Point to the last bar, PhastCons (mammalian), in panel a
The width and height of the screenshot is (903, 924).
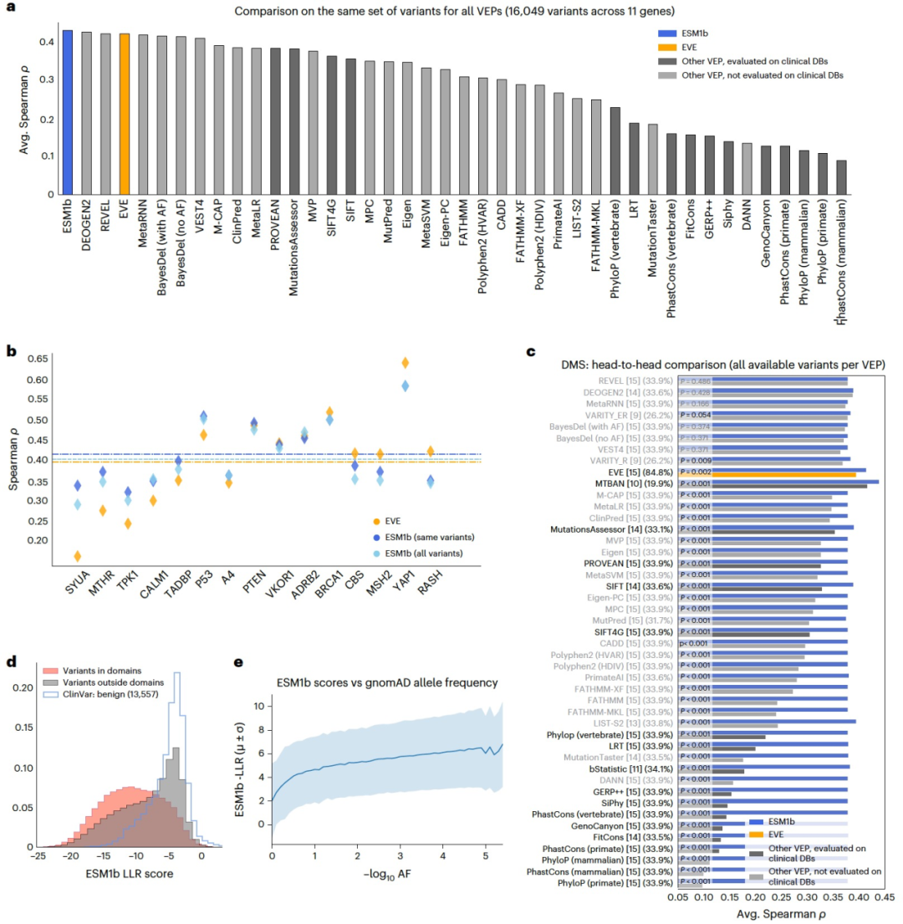pos(840,177)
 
